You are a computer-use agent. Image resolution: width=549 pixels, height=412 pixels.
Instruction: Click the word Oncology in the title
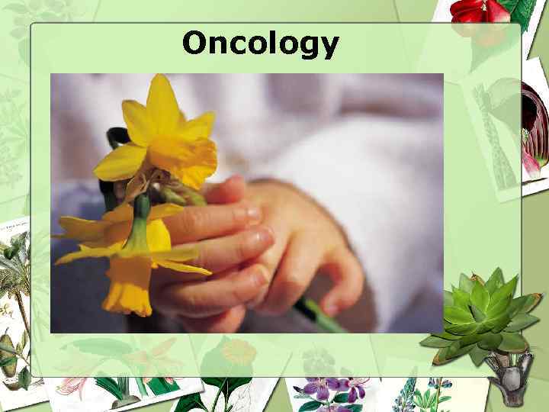point(260,44)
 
